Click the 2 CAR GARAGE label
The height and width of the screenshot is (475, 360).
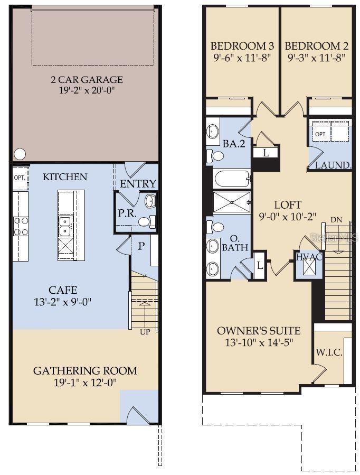point(87,80)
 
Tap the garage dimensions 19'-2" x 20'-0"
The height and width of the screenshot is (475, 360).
point(87,90)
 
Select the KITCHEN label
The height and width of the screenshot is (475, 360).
point(65,176)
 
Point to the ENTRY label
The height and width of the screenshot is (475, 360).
point(138,184)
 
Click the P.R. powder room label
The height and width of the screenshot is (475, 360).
point(127,213)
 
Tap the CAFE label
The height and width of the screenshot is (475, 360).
point(63,290)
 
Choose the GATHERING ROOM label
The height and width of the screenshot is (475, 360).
point(85,370)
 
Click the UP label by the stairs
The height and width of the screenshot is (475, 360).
point(145,332)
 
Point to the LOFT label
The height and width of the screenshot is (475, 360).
point(288,204)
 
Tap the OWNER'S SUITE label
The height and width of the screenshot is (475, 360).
point(259,331)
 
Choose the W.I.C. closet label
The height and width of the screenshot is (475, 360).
point(329,352)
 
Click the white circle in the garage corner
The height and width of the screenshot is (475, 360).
point(20,154)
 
